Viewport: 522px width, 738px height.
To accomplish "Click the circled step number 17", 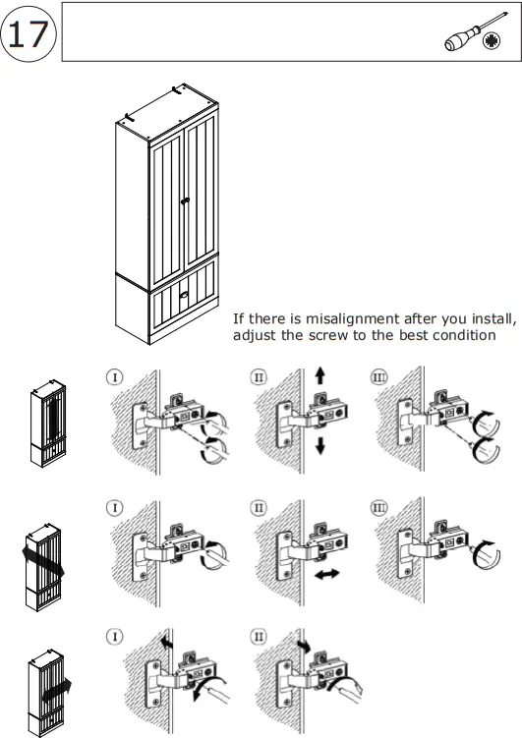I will (28, 33).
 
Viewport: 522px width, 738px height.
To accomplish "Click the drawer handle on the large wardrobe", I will (183, 292).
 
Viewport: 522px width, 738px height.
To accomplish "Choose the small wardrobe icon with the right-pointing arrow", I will (47, 691).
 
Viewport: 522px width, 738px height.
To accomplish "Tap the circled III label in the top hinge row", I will (379, 376).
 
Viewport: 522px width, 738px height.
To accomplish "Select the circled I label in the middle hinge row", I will (115, 507).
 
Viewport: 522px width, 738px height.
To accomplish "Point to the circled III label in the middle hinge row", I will (379, 507).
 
